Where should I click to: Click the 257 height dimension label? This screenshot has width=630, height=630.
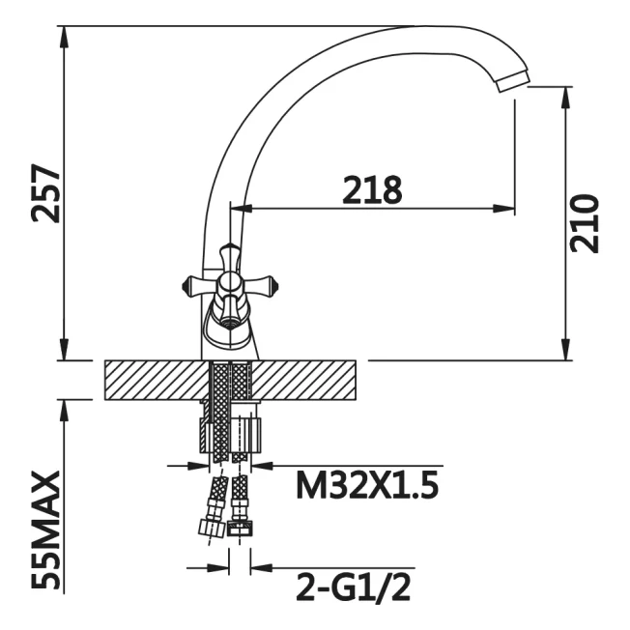[45, 193]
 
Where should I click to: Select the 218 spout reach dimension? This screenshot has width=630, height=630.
[372, 189]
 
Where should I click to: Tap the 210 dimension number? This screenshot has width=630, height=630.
[585, 223]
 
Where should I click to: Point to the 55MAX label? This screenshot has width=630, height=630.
[45, 530]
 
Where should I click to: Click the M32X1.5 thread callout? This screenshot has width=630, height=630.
[367, 485]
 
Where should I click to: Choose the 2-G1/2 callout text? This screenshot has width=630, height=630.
[354, 588]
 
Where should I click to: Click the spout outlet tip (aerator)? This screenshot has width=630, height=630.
[513, 81]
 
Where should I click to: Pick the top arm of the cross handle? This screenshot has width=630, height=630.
[229, 256]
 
